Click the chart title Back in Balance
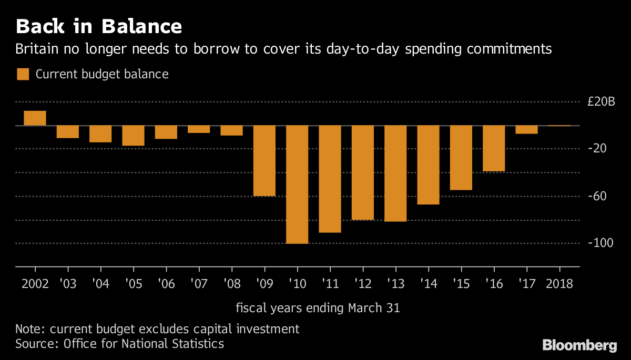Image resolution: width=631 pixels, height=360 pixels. coord(99,26)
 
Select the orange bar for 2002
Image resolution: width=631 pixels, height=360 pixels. coord(35,118)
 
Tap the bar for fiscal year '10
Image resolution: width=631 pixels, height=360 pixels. coord(297,184)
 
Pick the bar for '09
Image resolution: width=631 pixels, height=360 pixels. coord(264,160)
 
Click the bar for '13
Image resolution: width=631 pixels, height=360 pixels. coord(395,173)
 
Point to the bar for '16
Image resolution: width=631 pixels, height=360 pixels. coord(493,148)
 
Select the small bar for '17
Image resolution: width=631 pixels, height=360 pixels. coord(526,130)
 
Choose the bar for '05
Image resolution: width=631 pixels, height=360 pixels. coord(133,136)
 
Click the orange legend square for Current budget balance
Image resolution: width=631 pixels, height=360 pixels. coord(23,74)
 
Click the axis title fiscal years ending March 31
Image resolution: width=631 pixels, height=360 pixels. coord(317,308)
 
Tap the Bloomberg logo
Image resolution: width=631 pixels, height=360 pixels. coord(579,345)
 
